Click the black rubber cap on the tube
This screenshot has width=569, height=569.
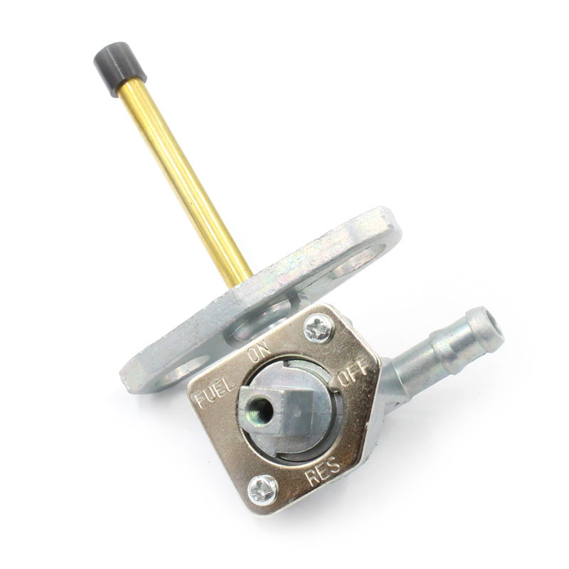(x=119, y=69)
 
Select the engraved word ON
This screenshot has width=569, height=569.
(x=260, y=351)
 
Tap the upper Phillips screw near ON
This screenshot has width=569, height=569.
(x=317, y=329)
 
